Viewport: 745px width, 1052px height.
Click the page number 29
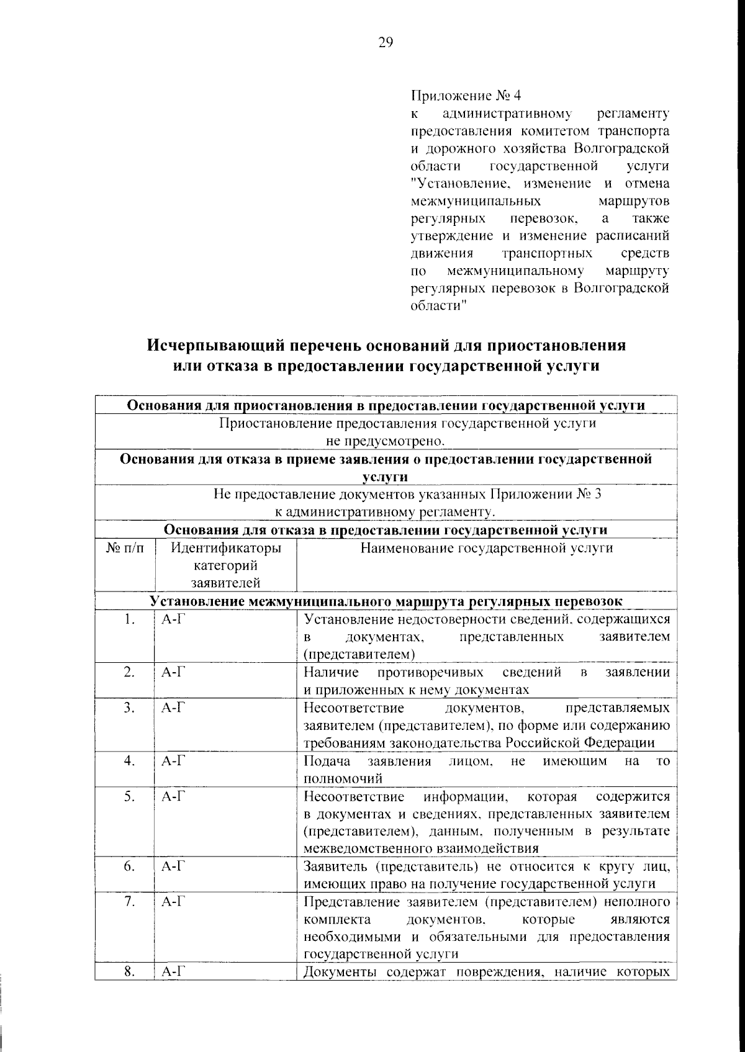385,43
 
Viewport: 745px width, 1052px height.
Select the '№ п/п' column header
124,548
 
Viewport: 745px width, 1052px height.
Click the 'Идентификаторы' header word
225,548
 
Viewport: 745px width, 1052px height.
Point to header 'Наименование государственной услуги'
487,548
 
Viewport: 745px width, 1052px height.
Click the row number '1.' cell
129,619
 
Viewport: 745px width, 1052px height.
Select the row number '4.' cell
129,761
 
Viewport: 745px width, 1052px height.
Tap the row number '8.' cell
129,972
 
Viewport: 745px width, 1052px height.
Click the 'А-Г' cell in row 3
171,708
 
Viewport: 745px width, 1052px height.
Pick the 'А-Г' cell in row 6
171,866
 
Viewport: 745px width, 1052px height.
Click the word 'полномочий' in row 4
343,778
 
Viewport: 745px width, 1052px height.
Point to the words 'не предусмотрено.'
386,441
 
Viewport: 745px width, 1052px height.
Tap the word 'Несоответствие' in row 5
354,796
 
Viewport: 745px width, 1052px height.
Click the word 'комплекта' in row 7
337,919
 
